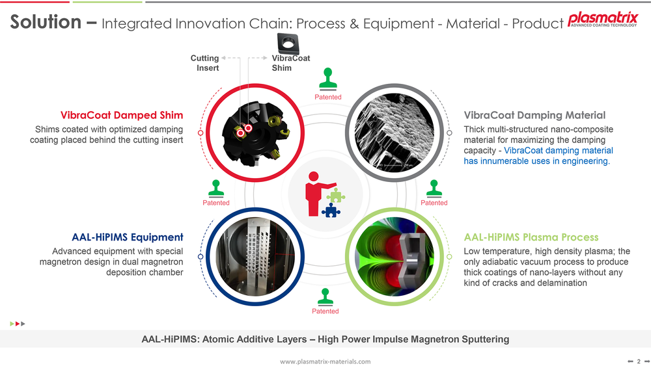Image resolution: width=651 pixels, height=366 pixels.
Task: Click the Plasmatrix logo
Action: tap(602, 20)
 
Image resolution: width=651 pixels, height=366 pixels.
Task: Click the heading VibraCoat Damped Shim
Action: tap(122, 115)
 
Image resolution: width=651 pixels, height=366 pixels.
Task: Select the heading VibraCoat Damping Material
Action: tap(534, 115)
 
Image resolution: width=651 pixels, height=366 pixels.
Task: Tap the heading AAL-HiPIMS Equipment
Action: tap(128, 237)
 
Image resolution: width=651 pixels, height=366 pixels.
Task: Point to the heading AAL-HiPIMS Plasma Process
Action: tap(531, 237)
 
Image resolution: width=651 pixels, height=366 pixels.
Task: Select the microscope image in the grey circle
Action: tap(395, 133)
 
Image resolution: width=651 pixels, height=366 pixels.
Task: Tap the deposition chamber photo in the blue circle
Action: tap(255, 257)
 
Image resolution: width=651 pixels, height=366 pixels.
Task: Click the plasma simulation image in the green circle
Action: tap(395, 257)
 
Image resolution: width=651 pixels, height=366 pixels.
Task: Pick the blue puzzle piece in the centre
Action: tap(331, 210)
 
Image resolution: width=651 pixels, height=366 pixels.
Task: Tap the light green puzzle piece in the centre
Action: tap(336, 195)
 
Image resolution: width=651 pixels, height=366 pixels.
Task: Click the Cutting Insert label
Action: tap(204, 63)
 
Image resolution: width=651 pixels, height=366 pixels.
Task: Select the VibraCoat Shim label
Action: tap(290, 63)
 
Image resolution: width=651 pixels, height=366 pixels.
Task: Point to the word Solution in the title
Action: tap(46, 21)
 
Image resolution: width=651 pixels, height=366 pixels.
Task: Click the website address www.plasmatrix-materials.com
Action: tap(325, 361)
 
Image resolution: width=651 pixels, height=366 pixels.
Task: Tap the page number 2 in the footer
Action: tap(639, 361)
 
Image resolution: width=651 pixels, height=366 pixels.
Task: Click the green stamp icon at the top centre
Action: tap(328, 79)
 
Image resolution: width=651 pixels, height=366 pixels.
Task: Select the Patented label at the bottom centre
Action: tap(325, 311)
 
